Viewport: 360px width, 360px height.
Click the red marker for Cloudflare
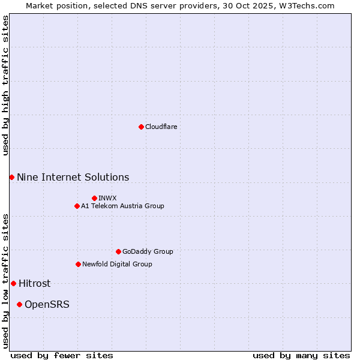coord(141,127)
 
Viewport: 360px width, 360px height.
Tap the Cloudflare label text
coord(161,127)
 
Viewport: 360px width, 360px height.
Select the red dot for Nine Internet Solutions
coord(11,177)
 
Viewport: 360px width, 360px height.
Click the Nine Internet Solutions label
coord(73,177)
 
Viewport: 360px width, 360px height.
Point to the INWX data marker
coord(94,198)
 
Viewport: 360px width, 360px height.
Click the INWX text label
coord(107,198)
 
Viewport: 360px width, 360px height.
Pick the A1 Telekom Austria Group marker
coord(77,206)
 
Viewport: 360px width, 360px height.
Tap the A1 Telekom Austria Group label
coord(122,206)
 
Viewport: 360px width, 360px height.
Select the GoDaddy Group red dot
coord(118,251)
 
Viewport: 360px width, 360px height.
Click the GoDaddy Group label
coord(147,251)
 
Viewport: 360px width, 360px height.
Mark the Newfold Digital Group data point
coord(78,264)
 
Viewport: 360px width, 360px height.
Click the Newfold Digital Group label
coord(117,264)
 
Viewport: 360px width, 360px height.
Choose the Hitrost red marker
coord(13,283)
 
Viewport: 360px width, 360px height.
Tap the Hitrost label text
coord(34,284)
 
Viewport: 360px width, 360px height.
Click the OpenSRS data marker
coord(19,304)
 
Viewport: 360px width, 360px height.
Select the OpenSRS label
coord(47,305)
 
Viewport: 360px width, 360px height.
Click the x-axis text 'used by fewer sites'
coord(62,355)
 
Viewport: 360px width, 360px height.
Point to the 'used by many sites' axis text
coord(301,355)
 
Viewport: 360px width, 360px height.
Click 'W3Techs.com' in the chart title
coord(305,5)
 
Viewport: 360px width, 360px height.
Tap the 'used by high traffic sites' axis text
coord(5,85)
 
